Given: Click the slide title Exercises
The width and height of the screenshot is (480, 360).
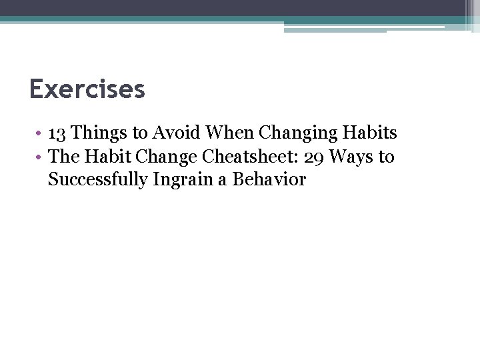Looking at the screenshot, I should (87, 89).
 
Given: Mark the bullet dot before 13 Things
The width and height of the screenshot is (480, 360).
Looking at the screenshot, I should (41, 134).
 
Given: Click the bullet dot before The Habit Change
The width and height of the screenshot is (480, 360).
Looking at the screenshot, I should (41, 158).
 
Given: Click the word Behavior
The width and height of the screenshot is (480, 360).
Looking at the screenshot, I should (269, 180).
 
